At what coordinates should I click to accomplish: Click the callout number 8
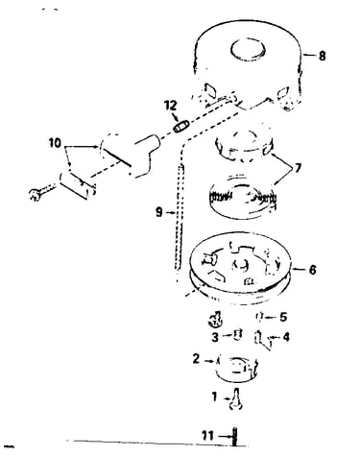pyautogui.click(x=322, y=56)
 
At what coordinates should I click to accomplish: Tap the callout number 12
pyautogui.click(x=171, y=105)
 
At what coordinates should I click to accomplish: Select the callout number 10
pyautogui.click(x=55, y=143)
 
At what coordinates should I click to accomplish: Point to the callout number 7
pyautogui.click(x=298, y=168)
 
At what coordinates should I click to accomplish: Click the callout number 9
pyautogui.click(x=159, y=212)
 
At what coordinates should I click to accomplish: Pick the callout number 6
pyautogui.click(x=312, y=270)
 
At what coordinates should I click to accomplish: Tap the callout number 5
pyautogui.click(x=283, y=317)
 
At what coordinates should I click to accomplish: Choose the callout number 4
pyautogui.click(x=285, y=337)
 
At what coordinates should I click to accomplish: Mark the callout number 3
pyautogui.click(x=215, y=337)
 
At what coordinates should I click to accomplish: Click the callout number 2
pyautogui.click(x=196, y=359)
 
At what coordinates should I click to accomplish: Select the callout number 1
pyautogui.click(x=214, y=397)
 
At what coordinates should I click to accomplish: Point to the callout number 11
pyautogui.click(x=207, y=436)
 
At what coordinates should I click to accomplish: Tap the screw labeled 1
pyautogui.click(x=236, y=398)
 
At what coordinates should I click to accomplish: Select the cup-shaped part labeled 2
pyautogui.click(x=236, y=368)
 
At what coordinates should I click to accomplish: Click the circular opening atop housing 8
pyautogui.click(x=249, y=50)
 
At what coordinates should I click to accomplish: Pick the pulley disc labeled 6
pyautogui.click(x=240, y=268)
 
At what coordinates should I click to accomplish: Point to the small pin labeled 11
pyautogui.click(x=235, y=436)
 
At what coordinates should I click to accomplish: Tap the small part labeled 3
pyautogui.click(x=237, y=334)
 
